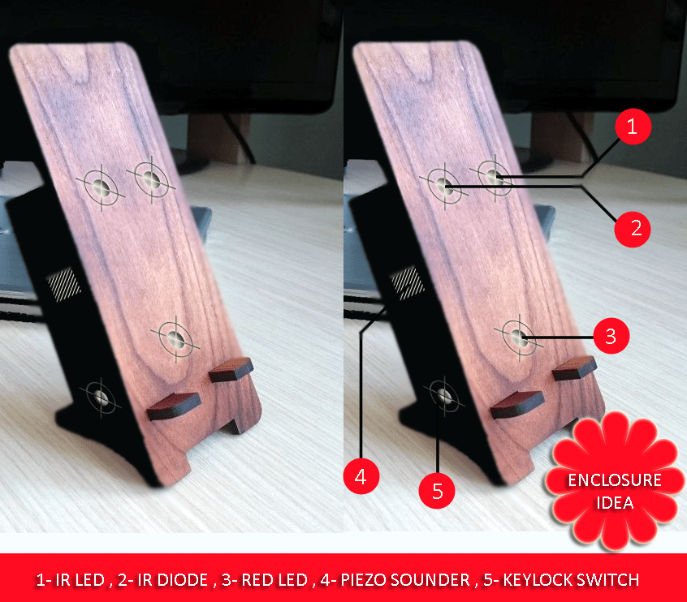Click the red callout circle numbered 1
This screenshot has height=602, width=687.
tap(633, 127)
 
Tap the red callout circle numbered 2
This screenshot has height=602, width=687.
tap(633, 229)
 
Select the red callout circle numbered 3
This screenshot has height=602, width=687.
tap(611, 336)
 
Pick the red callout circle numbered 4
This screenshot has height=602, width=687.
tap(361, 476)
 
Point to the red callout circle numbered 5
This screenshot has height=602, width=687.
tap(437, 491)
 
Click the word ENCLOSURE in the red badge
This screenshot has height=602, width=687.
tap(615, 480)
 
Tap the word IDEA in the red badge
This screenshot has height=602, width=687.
tap(616, 503)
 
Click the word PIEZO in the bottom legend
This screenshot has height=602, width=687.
tap(364, 580)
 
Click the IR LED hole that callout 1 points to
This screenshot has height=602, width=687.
tap(495, 177)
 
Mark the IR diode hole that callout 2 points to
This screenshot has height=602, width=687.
tap(444, 187)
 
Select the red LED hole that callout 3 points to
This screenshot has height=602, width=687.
tap(519, 338)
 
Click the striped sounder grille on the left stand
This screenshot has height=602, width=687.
tap(64, 285)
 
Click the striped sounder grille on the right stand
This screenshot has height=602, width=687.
tap(408, 283)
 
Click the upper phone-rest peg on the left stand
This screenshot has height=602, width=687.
tap(231, 369)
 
